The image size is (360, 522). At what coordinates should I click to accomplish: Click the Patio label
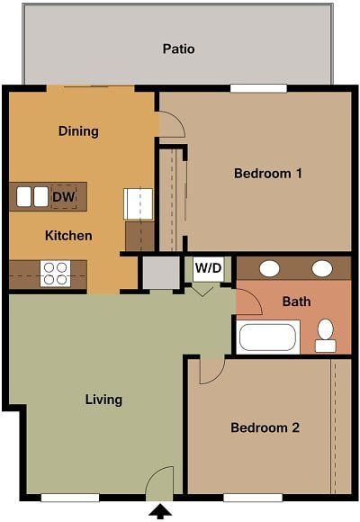178,49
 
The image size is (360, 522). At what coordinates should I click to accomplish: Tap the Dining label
78,131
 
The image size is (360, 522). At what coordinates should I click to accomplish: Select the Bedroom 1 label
267,173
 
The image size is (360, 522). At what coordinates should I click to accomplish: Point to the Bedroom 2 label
265,427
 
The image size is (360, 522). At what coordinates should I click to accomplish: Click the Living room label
103,400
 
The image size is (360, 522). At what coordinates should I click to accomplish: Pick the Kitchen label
68,236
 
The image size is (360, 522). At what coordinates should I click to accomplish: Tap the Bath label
296,301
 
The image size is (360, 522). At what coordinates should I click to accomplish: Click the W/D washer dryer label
208,267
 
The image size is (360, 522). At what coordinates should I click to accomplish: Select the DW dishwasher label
63,196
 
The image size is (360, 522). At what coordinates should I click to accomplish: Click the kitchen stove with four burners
55,273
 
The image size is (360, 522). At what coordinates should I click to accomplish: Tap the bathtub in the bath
267,337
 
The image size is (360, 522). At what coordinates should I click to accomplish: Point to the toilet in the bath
325,336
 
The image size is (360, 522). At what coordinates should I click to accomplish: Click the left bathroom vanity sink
268,268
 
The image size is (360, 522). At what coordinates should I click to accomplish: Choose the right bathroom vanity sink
321,268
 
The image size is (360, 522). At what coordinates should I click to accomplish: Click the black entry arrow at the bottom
160,512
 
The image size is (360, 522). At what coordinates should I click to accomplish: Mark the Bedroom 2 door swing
211,369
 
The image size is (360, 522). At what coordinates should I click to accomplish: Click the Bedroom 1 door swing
171,124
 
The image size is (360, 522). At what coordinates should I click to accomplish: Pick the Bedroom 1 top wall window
258,88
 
